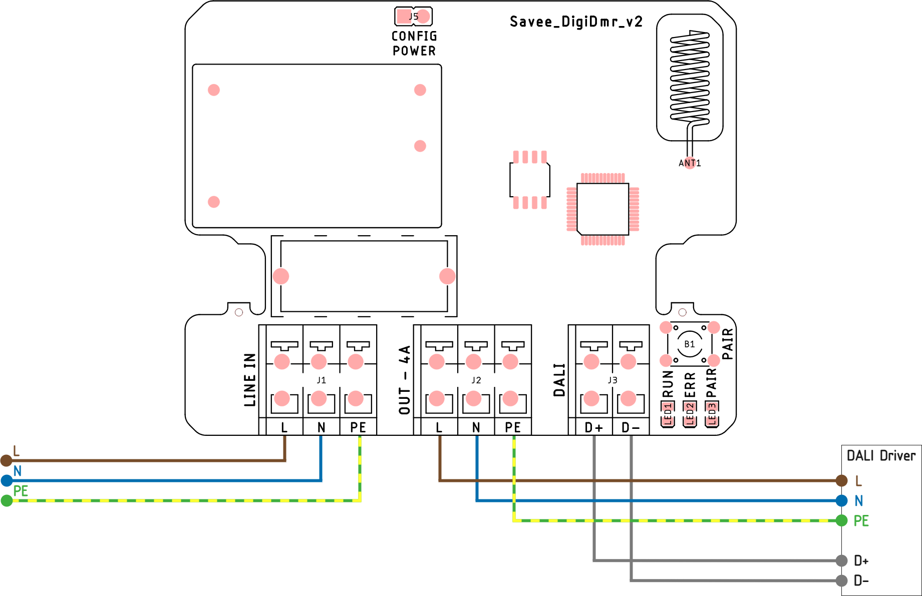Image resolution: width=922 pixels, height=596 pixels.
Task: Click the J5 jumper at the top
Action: [413, 17]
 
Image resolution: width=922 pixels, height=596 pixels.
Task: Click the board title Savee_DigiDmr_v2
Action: [576, 22]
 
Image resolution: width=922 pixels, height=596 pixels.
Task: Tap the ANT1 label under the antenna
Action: [690, 163]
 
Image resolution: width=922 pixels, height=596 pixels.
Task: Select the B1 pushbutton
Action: [690, 344]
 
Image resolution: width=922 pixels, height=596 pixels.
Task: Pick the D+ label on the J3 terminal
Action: [594, 427]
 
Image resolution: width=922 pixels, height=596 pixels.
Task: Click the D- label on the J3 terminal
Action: [631, 427]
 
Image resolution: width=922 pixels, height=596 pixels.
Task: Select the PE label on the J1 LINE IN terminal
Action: [358, 427]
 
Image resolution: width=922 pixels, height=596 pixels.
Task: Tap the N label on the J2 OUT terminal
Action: [476, 427]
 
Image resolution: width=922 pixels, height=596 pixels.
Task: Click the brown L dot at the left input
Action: [7, 460]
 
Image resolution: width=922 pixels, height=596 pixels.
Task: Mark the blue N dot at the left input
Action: [7, 481]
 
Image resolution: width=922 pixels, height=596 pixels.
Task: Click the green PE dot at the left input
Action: [7, 500]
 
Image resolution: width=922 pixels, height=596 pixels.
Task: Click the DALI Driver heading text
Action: [881, 456]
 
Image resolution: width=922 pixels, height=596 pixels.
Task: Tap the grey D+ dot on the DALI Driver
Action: [842, 560]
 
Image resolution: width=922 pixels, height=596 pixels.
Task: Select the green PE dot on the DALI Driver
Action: [842, 520]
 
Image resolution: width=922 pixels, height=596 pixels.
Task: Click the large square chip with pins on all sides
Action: [602, 209]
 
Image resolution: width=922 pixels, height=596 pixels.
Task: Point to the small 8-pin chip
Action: [530, 180]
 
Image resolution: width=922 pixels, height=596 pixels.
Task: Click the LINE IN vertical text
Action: [250, 379]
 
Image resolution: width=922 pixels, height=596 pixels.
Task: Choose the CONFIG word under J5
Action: [414, 36]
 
